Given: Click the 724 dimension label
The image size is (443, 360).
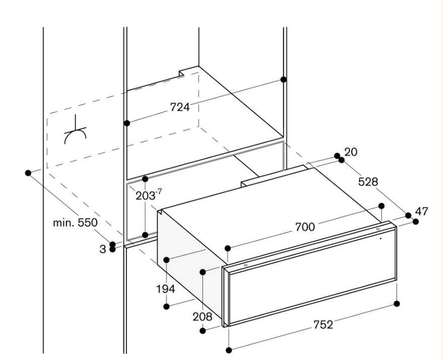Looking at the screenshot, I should pos(179,107).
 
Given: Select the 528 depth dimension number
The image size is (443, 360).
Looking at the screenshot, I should pos(367,182).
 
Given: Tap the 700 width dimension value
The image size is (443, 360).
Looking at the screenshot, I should pos(305,228).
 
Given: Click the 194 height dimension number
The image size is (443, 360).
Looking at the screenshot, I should pos(165,289).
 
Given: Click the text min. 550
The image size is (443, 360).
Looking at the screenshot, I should pos(75,222).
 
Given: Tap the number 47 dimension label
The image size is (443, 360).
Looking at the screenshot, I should pos(421,211).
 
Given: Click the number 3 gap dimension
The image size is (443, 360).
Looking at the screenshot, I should pos(103,249).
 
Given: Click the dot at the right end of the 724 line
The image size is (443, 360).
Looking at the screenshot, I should pos(283,80).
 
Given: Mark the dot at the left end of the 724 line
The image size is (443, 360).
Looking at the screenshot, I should pos(127,123).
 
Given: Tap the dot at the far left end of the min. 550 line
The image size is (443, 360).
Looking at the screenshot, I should pos(28,173).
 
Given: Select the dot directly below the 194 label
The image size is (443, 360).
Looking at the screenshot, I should pos(167,305).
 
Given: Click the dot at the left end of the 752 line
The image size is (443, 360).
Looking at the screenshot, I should pos(229,350).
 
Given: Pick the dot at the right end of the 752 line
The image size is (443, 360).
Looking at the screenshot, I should pos(397,304).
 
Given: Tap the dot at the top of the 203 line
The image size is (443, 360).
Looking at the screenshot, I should pos(145,179).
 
